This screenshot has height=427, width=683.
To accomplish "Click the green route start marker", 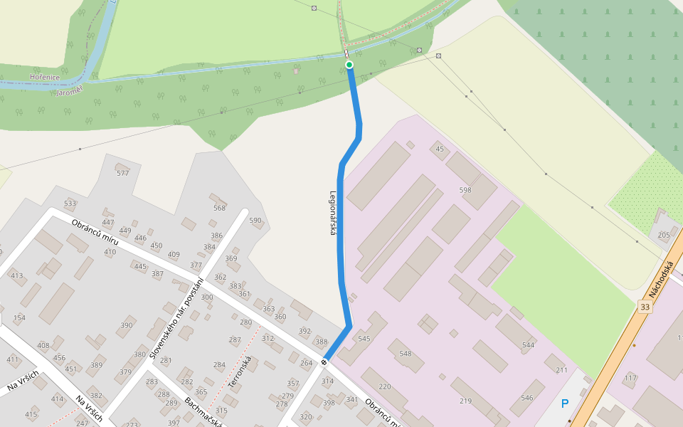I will (349, 65).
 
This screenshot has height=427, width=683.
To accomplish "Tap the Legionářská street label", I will (332, 213).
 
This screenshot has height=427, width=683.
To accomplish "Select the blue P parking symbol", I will (565, 404).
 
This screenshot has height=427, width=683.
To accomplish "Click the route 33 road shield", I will (645, 307).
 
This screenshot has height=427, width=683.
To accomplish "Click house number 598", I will (465, 190).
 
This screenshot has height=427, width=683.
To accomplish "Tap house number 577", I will (122, 173).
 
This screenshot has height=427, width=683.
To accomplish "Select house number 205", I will (664, 235).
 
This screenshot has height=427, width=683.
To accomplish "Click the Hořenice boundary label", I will (44, 76).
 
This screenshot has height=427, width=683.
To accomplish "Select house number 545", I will (364, 338).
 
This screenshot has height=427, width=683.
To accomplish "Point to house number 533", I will (70, 204).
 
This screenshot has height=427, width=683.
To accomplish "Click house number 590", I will (255, 221).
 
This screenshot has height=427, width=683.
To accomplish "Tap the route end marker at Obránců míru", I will (324, 362).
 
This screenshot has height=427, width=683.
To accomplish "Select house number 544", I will (528, 345).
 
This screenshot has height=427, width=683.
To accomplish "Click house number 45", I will (440, 149).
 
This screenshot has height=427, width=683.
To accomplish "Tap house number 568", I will (219, 208).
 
